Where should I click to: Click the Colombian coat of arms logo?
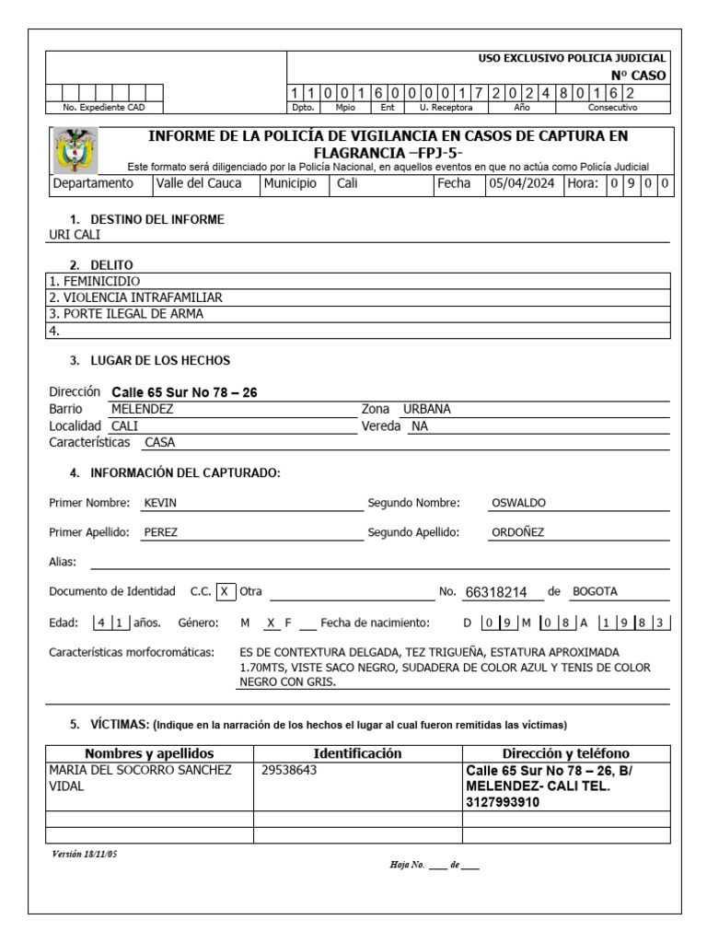[75, 150]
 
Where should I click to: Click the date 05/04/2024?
[520, 183]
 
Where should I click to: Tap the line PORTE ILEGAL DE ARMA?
[126, 314]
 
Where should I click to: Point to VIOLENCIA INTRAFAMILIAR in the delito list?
[135, 297]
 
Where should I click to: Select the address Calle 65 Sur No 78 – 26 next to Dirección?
[184, 392]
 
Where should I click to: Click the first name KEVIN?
[160, 503]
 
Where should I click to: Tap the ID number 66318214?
[497, 592]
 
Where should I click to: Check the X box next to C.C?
[226, 591]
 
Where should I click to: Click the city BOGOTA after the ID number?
[595, 591]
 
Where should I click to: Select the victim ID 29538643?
[289, 770]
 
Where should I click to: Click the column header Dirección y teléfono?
[565, 753]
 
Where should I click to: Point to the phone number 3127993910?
[504, 802]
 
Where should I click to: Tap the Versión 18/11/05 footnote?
[85, 854]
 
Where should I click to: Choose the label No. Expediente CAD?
[104, 108]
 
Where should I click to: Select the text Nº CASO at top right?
[639, 76]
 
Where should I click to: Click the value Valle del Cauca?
[198, 183]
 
